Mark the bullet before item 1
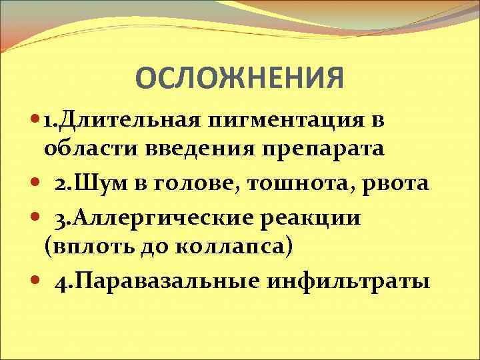(x=35, y=122)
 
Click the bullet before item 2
(x=35, y=183)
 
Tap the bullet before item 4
(x=35, y=281)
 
